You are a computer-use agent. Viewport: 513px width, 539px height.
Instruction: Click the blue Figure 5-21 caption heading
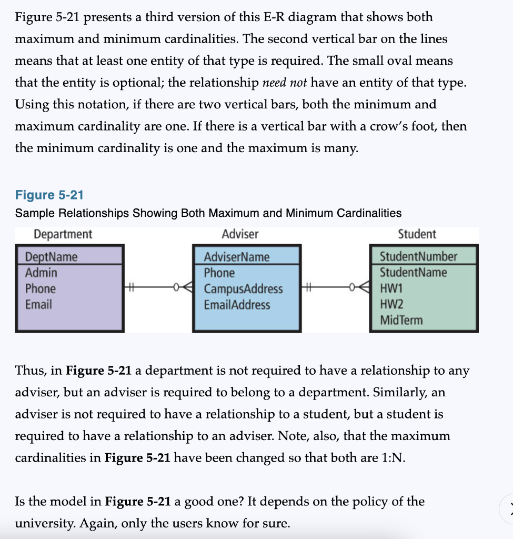(49, 195)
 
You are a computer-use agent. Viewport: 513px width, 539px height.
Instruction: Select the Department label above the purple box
(63, 234)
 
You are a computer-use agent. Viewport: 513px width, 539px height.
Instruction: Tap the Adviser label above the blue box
(240, 234)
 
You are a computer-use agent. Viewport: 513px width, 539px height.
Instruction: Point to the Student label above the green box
(417, 234)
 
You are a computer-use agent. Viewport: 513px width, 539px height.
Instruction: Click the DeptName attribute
(51, 257)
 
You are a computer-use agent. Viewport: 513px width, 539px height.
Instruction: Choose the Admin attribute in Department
(41, 273)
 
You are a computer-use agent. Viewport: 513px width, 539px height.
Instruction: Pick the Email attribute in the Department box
(38, 304)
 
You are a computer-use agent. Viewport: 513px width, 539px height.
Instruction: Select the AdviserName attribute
(236, 257)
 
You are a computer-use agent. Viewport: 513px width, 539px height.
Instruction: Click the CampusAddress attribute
(243, 289)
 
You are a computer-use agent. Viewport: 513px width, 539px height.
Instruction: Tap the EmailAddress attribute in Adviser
(237, 305)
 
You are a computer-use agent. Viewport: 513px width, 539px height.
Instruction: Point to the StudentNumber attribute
(418, 256)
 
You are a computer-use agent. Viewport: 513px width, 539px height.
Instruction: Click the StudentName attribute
(413, 273)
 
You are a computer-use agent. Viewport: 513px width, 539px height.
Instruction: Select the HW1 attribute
(390, 288)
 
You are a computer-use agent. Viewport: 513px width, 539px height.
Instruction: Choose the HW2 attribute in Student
(390, 304)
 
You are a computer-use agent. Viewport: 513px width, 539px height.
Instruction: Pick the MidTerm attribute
(401, 320)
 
